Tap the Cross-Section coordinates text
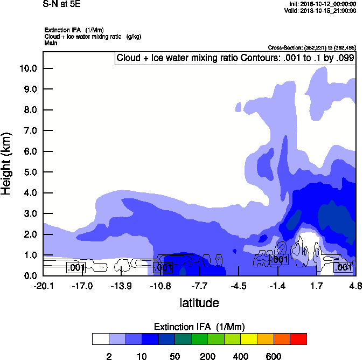[x=311, y=47]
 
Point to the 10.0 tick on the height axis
[x=27, y=68]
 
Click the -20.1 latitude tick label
[x=44, y=285]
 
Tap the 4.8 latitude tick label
[x=355, y=285]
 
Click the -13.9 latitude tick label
[x=122, y=285]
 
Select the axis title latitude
[x=199, y=303]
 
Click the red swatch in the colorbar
[x=298, y=338]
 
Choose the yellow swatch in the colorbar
[x=249, y=338]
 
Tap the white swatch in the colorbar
[x=100, y=338]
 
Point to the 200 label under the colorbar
[x=207, y=356]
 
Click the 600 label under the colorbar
[x=274, y=356]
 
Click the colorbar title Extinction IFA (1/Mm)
[x=200, y=327]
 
